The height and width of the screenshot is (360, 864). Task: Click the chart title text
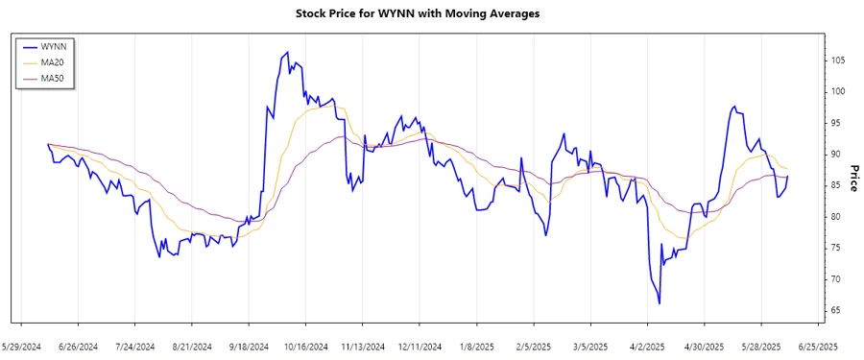pos(431,15)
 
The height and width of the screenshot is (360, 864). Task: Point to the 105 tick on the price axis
pos(837,60)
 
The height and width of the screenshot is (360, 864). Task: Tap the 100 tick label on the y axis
pos(837,92)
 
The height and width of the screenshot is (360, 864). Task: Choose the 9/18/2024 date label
pos(250,346)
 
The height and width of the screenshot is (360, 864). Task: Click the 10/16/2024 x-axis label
pos(306,346)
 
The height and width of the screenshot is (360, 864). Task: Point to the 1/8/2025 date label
pos(476,346)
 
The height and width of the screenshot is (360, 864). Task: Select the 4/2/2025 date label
pos(646,346)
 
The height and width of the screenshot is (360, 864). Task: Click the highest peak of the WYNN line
pos(287,52)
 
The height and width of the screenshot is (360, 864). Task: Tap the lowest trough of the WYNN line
pos(660,303)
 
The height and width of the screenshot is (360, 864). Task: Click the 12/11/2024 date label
pos(420,346)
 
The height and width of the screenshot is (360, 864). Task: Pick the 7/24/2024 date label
pos(136,346)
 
